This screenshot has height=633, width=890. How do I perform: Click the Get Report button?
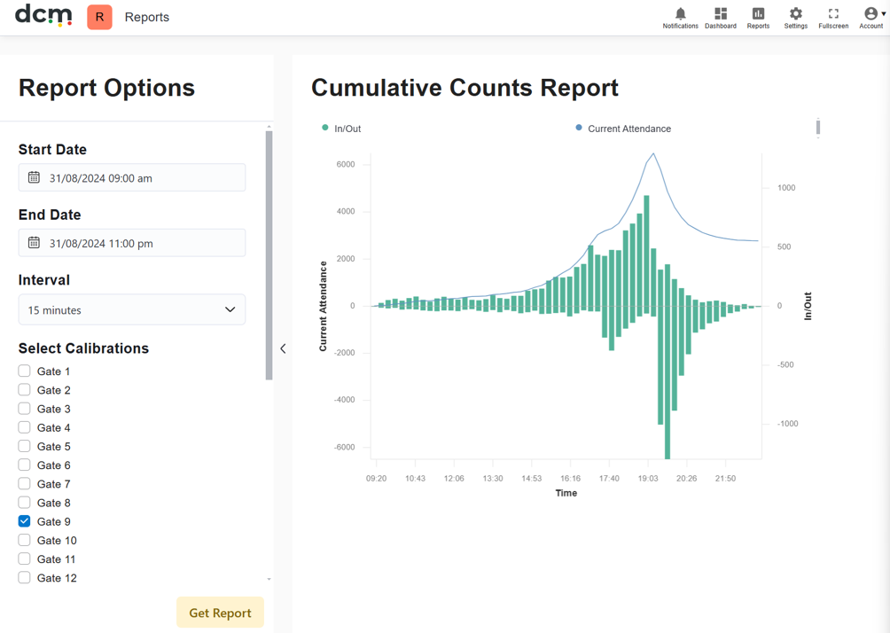point(220,613)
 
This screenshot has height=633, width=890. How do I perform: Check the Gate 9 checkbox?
point(25,521)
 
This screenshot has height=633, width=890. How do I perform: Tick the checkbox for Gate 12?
point(25,577)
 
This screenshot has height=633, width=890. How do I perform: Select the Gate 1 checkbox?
point(25,371)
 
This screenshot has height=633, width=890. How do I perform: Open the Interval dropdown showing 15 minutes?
point(132,309)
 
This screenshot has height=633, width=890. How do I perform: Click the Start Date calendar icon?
point(34,177)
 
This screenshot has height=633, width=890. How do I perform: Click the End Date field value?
point(101,244)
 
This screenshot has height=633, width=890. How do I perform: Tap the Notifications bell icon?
point(681,13)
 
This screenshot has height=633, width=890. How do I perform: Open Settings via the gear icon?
point(796,13)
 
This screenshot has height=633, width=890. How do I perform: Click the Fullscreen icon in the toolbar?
point(833,13)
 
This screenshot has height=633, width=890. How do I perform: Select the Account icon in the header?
point(870,13)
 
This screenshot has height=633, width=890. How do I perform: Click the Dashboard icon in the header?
point(721,13)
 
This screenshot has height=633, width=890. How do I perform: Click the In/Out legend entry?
point(341,129)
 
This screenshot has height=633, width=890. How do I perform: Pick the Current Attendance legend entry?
point(623,129)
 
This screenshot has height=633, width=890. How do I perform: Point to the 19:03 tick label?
point(648,479)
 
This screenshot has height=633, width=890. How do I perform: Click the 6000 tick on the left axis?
point(346,164)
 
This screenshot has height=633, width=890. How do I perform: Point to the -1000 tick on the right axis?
point(787,424)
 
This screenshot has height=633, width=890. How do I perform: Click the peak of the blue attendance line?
point(653,153)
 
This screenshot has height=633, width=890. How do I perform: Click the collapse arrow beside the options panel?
point(283,348)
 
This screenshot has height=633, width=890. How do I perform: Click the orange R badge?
point(99,17)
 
